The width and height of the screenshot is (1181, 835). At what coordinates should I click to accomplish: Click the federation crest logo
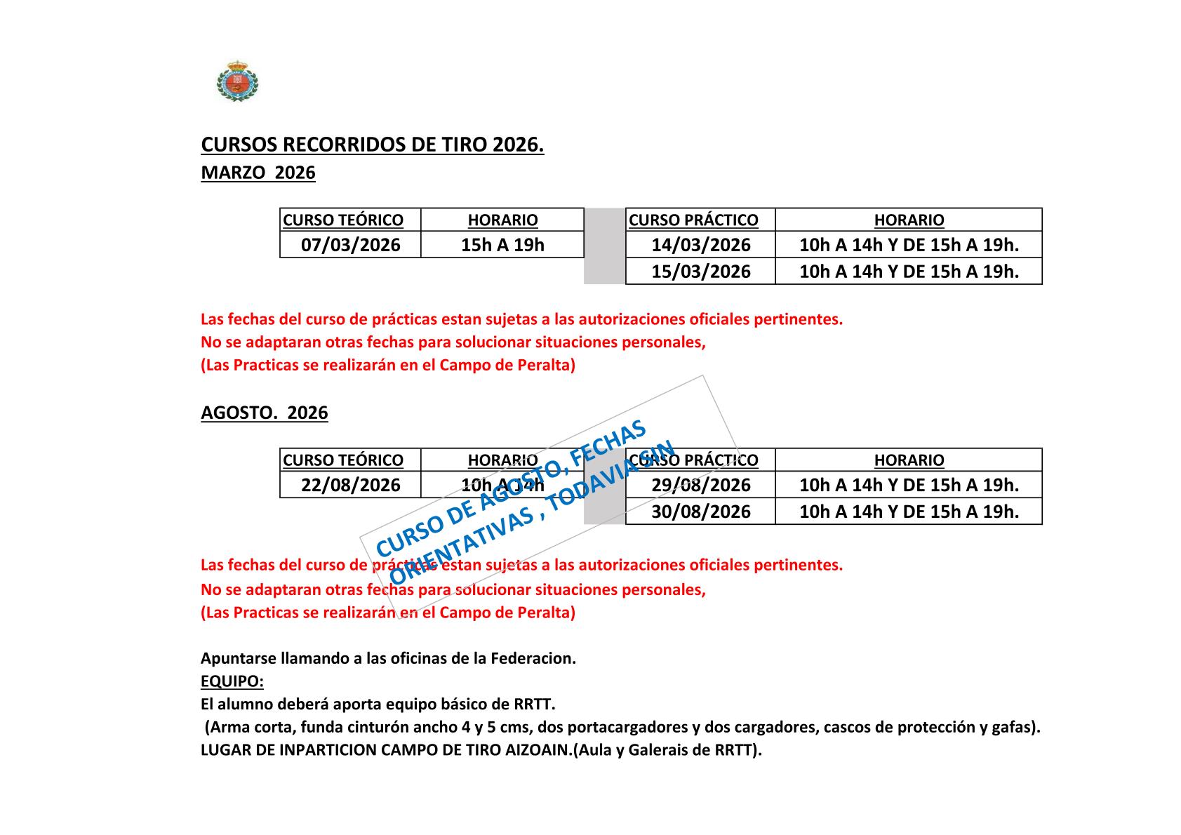pos(237,81)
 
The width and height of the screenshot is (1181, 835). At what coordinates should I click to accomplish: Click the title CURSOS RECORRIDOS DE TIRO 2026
pos(372,145)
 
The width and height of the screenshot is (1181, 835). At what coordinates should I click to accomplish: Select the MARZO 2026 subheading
pos(258,173)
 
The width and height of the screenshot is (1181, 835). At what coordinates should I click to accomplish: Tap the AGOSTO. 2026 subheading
pos(264,413)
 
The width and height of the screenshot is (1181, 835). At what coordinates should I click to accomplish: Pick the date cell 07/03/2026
pos(350,245)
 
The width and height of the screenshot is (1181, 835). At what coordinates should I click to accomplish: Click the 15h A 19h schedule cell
pos(502,245)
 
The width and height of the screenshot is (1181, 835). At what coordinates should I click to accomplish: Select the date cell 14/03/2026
pos(700,245)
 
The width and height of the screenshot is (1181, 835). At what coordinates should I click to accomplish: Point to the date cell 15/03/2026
pos(700,272)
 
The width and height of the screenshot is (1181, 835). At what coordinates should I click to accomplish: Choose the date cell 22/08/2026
pos(350,485)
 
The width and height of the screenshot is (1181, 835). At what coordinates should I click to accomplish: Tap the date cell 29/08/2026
pos(700,485)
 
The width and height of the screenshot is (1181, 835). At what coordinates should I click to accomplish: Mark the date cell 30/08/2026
pos(700,512)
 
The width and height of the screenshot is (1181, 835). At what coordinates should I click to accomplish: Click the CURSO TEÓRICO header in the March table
pos(343,220)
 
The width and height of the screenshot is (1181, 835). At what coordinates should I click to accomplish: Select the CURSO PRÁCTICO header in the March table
pos(693,220)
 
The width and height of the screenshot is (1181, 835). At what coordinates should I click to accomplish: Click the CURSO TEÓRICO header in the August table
pos(343,460)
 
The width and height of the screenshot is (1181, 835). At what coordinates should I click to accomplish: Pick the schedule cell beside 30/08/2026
pos(909,512)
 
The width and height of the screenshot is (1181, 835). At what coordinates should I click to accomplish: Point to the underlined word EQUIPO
pos(232,681)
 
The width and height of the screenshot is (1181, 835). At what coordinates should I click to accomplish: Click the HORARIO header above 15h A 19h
pos(502,220)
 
